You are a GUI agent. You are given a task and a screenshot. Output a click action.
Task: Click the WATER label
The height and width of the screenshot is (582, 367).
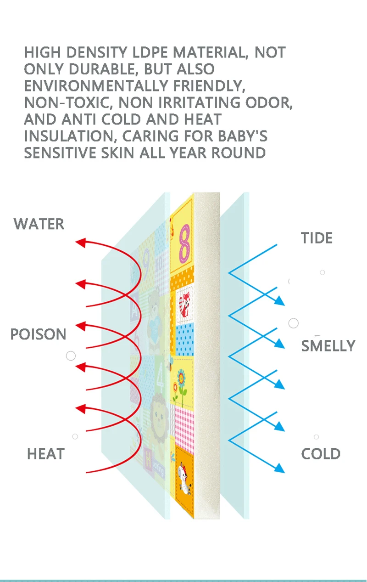[39, 224]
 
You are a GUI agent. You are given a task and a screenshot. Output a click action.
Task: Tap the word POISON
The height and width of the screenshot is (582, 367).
[39, 334]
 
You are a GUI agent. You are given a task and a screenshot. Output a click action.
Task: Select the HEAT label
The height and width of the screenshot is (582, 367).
[45, 454]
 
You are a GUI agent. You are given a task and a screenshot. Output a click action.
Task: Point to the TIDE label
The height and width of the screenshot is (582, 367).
[317, 238]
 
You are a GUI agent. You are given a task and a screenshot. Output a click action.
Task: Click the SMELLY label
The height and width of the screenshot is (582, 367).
[328, 346]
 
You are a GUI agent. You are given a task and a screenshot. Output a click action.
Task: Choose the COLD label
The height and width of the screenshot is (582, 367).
[321, 454]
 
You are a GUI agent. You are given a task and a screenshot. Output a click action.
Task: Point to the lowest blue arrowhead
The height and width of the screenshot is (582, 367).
[279, 468]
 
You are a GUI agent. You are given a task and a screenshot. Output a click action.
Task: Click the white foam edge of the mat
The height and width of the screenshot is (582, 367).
[207, 354]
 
